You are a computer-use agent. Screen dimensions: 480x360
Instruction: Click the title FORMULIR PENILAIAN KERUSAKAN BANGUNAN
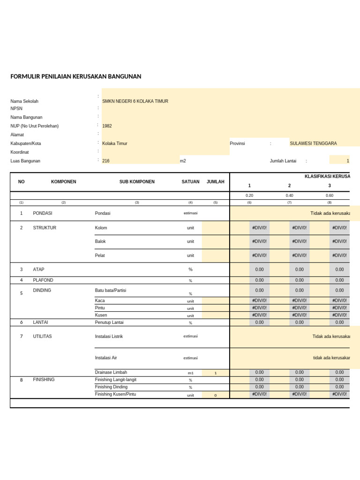(x=75, y=76)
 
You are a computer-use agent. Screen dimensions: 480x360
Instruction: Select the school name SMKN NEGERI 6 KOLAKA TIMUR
(x=135, y=101)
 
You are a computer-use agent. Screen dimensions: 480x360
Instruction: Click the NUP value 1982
(x=107, y=126)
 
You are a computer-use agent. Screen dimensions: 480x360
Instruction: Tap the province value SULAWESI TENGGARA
(x=313, y=143)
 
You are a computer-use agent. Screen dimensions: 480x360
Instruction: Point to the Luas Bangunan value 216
(x=106, y=161)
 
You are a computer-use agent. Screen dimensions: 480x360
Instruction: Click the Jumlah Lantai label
(x=283, y=161)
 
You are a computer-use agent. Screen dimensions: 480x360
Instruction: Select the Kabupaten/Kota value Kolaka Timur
(x=115, y=143)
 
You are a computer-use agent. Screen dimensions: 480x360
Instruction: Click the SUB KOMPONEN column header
(x=137, y=182)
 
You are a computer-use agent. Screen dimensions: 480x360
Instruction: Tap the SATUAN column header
(x=190, y=182)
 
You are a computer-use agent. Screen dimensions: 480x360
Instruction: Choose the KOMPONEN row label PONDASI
(x=43, y=213)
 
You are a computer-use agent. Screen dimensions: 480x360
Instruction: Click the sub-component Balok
(x=100, y=241)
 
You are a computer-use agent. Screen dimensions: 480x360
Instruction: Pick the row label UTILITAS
(x=42, y=337)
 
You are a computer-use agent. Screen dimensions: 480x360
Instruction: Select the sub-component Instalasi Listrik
(x=109, y=337)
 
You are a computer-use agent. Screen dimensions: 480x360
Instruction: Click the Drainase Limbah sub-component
(x=111, y=372)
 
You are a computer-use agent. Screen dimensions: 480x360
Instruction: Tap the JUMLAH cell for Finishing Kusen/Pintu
(x=216, y=395)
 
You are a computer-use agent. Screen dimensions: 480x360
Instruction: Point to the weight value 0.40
(x=289, y=195)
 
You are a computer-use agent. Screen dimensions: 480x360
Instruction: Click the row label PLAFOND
(x=43, y=280)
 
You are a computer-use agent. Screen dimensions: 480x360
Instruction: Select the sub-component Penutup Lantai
(x=109, y=322)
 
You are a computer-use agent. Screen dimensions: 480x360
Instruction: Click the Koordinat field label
(x=20, y=152)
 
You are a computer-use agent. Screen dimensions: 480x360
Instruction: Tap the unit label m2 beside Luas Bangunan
(x=183, y=161)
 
